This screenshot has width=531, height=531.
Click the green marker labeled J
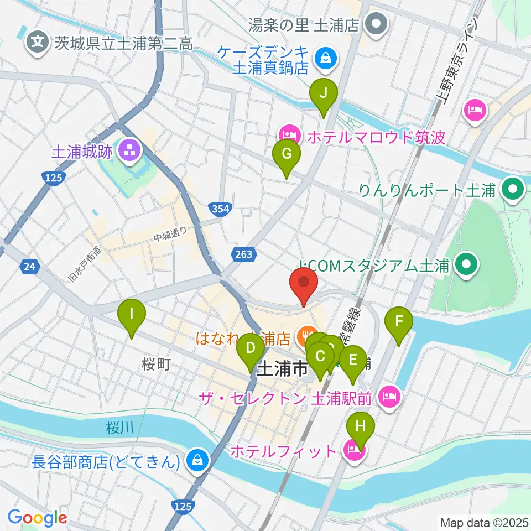(x=325, y=95)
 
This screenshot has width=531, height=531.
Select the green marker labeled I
(x=132, y=316)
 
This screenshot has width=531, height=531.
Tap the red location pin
(x=304, y=284)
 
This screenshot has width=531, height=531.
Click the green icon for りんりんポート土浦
(x=513, y=191)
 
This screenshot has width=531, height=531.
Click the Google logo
(x=37, y=518)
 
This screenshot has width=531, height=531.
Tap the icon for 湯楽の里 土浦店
(x=378, y=24)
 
